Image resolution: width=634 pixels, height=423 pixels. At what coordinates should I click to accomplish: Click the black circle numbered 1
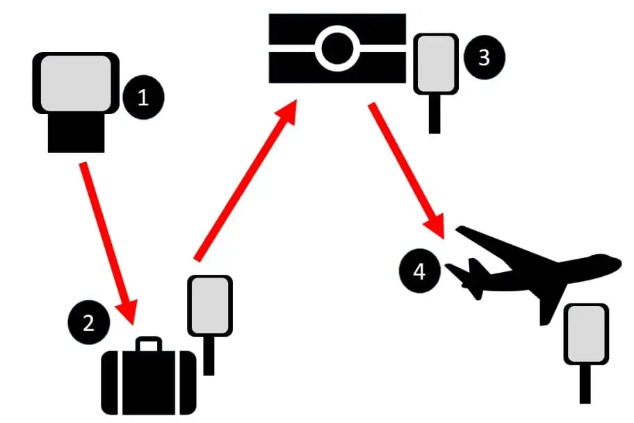tap(143, 98)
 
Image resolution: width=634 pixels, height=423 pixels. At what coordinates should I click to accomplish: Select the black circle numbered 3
tap(485, 58)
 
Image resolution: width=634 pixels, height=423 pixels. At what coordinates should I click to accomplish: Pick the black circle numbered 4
tap(419, 271)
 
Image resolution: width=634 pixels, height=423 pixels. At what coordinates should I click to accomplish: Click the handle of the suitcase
tap(148, 344)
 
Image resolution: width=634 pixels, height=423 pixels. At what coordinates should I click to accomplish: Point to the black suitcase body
tap(149, 382)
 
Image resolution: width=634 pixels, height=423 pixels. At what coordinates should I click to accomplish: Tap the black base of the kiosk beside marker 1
tap(76, 135)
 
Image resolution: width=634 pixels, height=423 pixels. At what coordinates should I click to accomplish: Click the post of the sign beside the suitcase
tap(209, 356)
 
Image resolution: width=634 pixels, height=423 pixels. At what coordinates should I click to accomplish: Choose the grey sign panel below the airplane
tap(586, 334)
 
